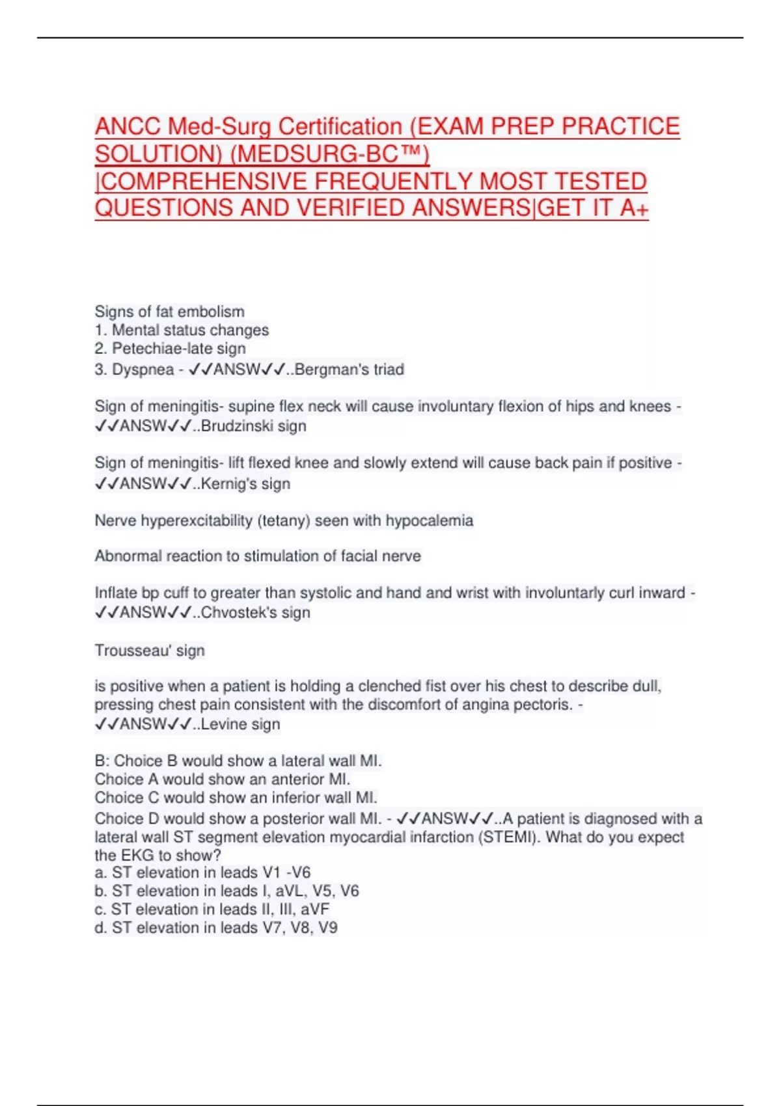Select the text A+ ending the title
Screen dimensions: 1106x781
click(x=635, y=208)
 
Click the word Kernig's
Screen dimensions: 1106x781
click(x=229, y=484)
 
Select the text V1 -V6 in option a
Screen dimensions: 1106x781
click(x=286, y=872)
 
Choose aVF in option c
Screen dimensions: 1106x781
click(x=315, y=909)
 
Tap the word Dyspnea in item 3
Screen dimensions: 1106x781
click(x=143, y=370)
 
